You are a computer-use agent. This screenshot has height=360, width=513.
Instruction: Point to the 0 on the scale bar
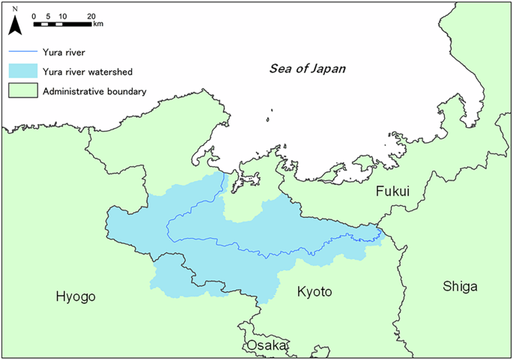click(x=34, y=16)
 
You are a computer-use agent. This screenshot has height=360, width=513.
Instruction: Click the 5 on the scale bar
click(x=48, y=16)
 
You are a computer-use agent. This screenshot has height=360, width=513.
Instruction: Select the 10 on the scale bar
click(x=61, y=16)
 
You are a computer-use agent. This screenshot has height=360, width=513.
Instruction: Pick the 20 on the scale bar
click(x=91, y=16)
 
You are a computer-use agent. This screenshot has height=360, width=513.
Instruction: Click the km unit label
click(x=98, y=24)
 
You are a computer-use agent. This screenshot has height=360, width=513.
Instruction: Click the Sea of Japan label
click(x=308, y=69)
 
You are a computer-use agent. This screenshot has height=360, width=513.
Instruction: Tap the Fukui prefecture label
click(x=394, y=192)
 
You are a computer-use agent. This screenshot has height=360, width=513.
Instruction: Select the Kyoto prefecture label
click(x=314, y=291)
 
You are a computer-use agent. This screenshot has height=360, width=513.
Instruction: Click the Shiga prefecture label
click(x=460, y=286)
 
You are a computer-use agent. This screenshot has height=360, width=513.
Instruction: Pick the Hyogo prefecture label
click(x=76, y=297)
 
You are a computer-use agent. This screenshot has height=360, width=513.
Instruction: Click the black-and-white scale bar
click(x=62, y=24)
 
